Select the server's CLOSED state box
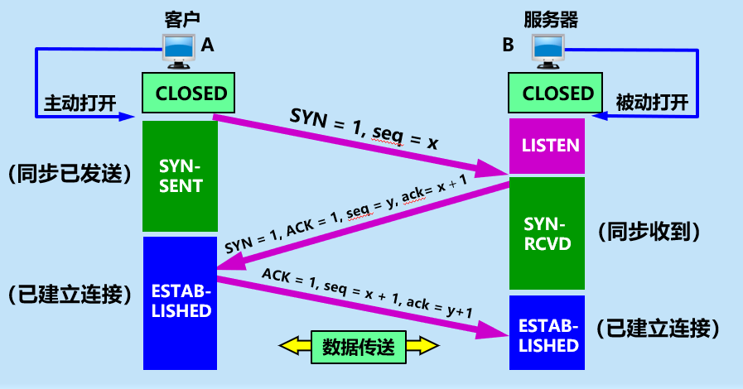[558, 93]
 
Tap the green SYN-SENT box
[180, 175]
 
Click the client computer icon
[178, 50]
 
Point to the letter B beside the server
[508, 46]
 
